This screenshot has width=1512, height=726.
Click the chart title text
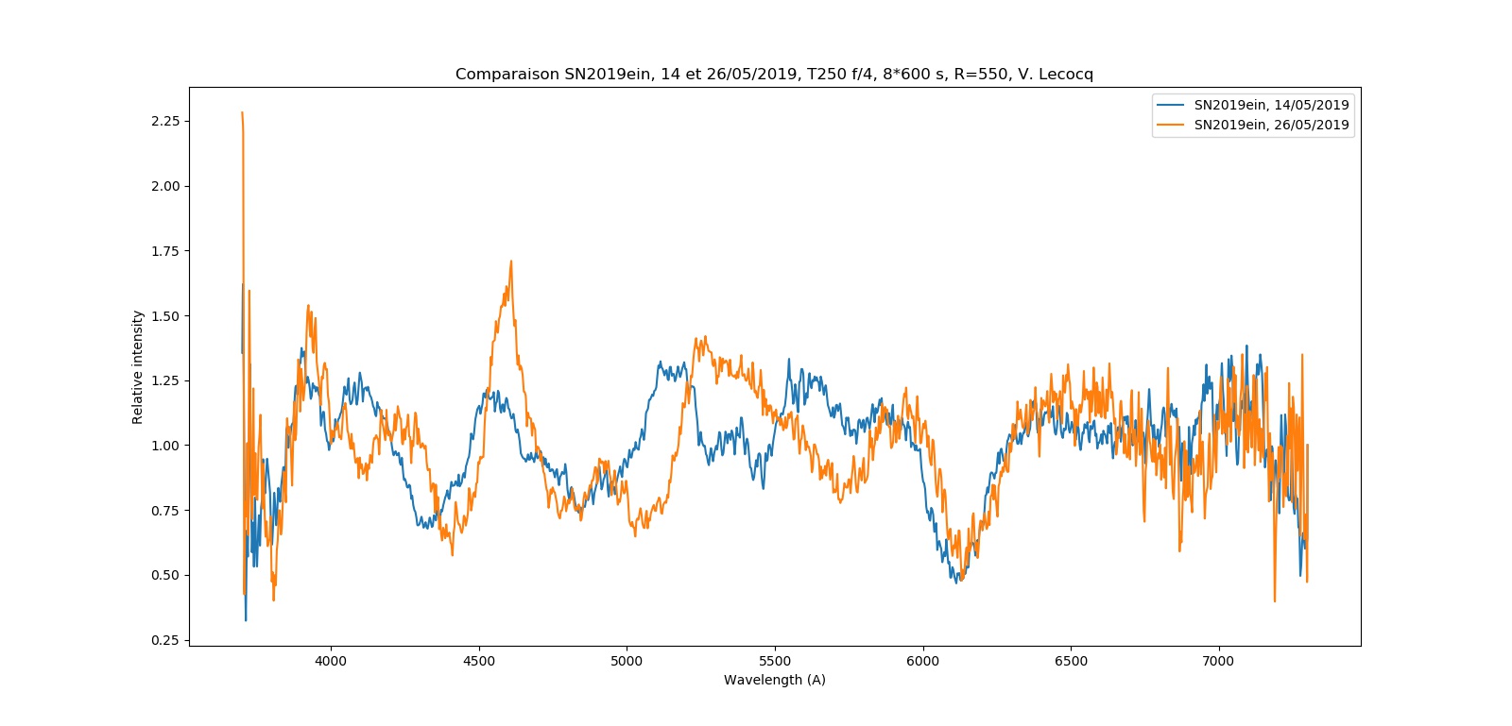774,75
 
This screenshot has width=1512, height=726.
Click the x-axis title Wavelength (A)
774,680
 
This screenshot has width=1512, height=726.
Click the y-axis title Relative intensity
138,367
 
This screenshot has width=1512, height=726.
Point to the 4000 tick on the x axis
331,661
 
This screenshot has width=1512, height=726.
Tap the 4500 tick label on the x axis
479,661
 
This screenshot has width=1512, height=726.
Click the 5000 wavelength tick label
627,661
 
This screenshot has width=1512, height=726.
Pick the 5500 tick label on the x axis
775,661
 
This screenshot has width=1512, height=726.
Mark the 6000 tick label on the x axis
922,661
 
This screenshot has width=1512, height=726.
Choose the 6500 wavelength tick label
1071,661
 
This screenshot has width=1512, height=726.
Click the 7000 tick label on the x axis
1218,661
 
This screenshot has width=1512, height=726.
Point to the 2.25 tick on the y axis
165,122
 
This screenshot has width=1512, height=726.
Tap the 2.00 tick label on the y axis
165,186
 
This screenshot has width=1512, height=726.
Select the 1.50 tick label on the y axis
165,316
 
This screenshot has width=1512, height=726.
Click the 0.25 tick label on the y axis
165,640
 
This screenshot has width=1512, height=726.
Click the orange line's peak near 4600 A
511,262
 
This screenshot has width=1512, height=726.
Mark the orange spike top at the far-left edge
242,113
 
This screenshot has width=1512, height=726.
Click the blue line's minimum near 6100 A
956,582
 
